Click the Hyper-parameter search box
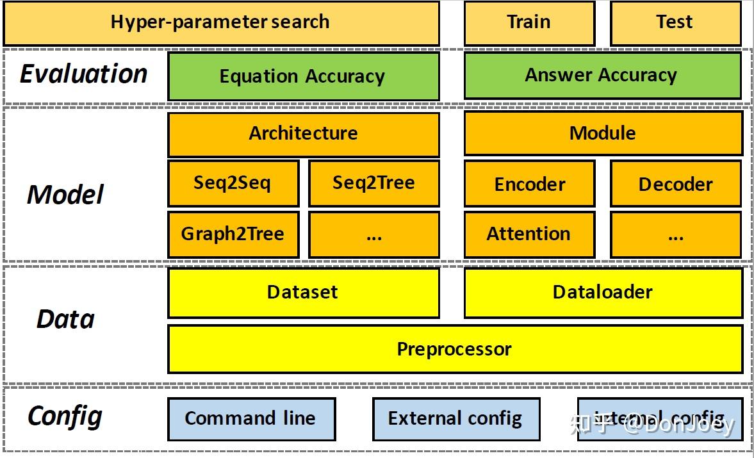221,22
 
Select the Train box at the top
529,22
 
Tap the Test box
675,22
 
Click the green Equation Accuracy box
303,76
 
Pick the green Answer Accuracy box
602,76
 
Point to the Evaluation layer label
84,74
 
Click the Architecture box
303,134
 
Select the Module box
603,133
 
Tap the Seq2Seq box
233,184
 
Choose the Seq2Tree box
373,184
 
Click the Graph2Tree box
233,234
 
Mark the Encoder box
529,184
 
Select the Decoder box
675,184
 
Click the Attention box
529,234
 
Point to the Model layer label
65,195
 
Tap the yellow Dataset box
303,293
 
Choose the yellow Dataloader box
603,293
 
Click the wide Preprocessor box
455,349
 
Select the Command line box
251,419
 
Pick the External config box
455,419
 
